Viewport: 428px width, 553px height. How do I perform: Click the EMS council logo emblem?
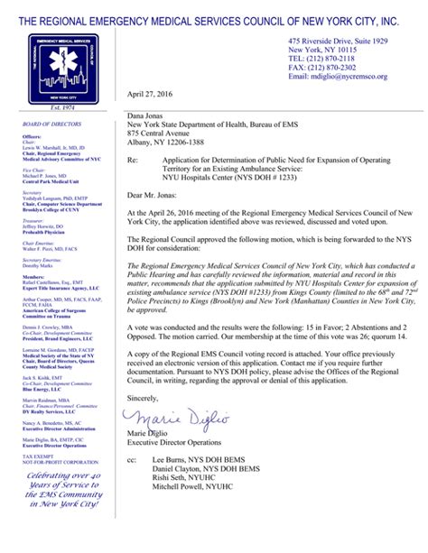62,69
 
